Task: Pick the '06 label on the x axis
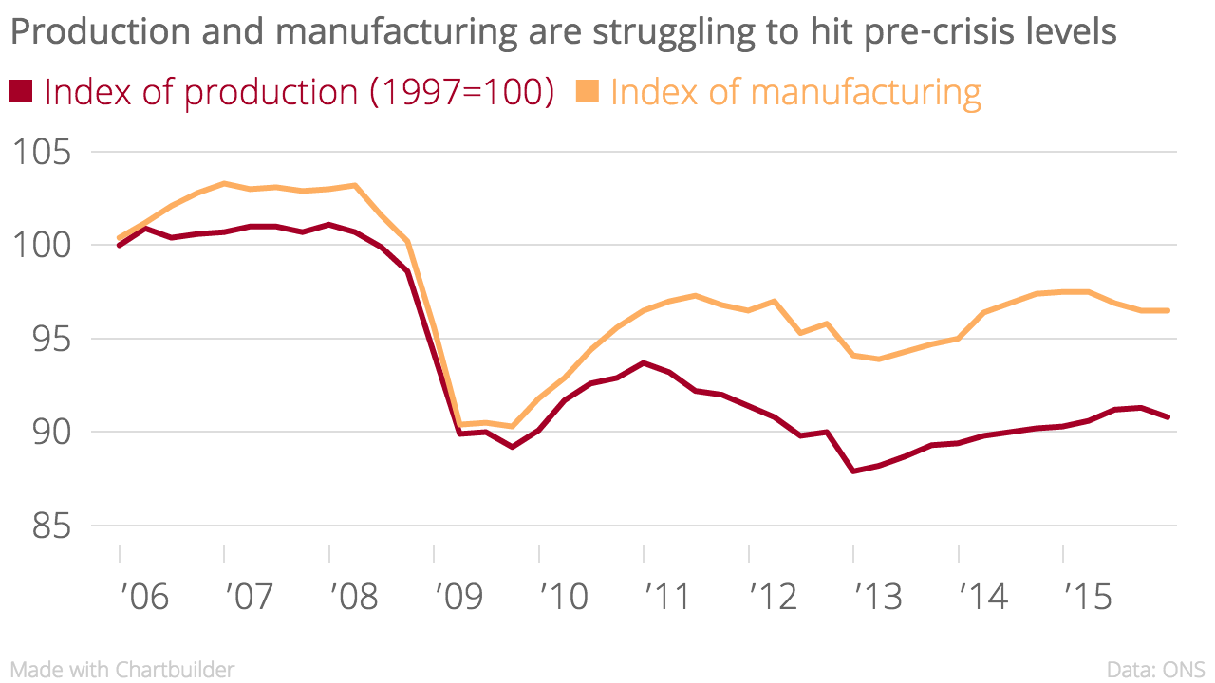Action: [x=143, y=597]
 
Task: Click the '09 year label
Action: [x=458, y=597]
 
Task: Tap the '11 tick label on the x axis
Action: [x=668, y=597]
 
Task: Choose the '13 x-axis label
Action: [x=878, y=597]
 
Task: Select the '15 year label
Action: [x=1088, y=597]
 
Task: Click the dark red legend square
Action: [x=21, y=91]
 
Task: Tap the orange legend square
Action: [x=587, y=91]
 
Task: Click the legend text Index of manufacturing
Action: [x=795, y=92]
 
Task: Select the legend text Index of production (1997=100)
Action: [x=298, y=92]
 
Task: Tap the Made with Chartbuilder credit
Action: [x=122, y=669]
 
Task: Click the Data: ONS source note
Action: [x=1155, y=669]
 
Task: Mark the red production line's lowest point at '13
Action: [x=853, y=471]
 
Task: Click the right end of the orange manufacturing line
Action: [x=1167, y=310]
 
